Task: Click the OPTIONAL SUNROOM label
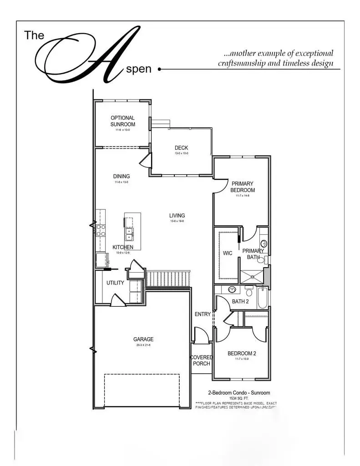coord(122,121)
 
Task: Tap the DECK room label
coord(181,148)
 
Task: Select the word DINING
coord(122,177)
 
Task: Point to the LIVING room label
coord(177,216)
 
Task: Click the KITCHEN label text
coord(123,248)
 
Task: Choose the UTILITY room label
coord(115,283)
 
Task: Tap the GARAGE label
coord(143,339)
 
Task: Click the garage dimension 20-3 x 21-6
coord(143,345)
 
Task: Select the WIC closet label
coord(228,253)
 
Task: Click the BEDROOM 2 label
coord(242,354)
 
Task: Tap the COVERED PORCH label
coord(201,360)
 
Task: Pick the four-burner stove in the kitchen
coord(101,230)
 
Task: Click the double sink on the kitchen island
coord(129,234)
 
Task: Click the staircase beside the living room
coord(168,279)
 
